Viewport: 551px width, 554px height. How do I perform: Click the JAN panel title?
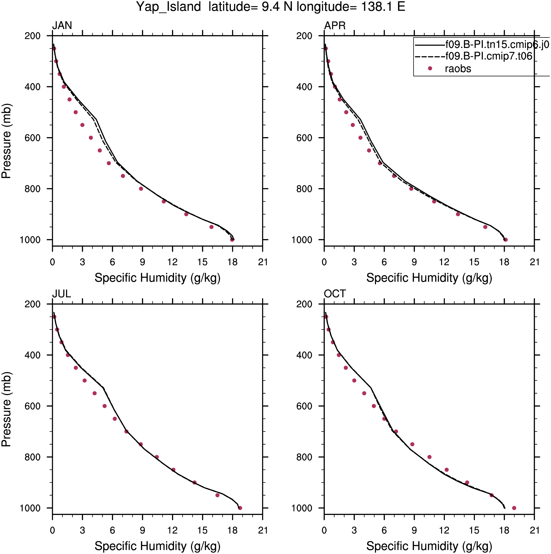[62, 26]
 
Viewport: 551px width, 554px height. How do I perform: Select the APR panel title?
[335, 26]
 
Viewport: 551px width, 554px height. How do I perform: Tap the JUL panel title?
[61, 294]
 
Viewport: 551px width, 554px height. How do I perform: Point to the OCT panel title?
[335, 294]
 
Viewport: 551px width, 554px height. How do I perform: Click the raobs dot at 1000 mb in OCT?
[514, 508]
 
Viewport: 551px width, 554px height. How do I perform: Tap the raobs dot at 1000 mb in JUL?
[240, 508]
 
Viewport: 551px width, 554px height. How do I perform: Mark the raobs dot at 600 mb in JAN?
[91, 138]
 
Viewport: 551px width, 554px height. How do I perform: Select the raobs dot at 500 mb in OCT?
[354, 381]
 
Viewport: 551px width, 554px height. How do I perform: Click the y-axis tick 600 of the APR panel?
[304, 138]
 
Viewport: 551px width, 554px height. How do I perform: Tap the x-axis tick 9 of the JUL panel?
[142, 530]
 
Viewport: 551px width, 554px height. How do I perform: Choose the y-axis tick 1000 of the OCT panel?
[302, 508]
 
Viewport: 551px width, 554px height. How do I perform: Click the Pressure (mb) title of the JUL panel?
[6, 409]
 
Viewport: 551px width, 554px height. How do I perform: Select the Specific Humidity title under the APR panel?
[429, 278]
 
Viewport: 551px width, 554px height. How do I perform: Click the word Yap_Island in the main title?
[169, 7]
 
